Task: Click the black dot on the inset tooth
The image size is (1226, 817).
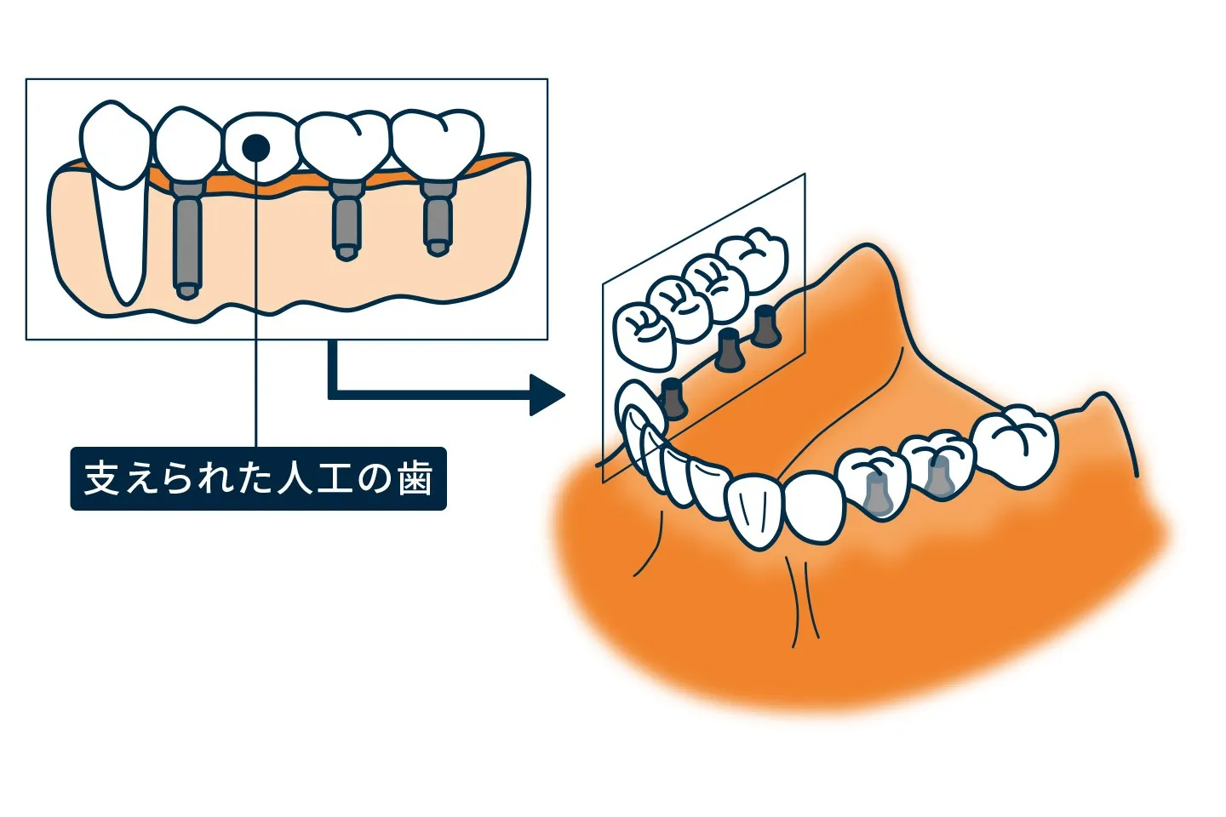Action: click(x=255, y=148)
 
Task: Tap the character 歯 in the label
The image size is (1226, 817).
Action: click(x=414, y=479)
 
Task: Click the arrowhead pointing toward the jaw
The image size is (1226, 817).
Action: click(x=547, y=395)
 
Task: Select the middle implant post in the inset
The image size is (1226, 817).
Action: click(x=346, y=220)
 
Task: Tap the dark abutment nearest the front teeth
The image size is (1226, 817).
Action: click(x=673, y=398)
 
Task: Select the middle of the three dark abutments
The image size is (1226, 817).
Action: click(x=729, y=350)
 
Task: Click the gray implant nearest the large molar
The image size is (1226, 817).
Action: click(x=937, y=477)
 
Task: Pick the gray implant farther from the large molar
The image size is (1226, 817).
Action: click(x=877, y=494)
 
